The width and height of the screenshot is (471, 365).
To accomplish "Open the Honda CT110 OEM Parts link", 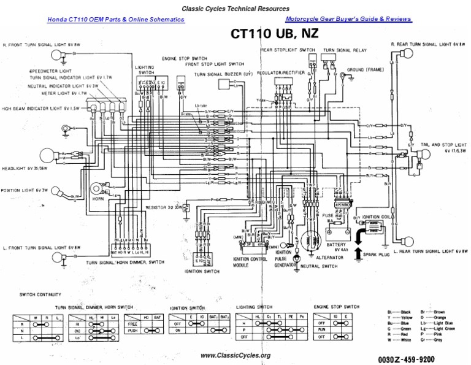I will tap(116, 20).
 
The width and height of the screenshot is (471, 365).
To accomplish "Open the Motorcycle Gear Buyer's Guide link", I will tap(348, 20).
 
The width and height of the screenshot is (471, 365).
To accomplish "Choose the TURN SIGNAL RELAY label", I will tap(345, 49).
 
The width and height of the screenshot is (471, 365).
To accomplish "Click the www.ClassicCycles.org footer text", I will tap(235, 355).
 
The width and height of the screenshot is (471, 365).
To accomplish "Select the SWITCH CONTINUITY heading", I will tap(40, 294).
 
